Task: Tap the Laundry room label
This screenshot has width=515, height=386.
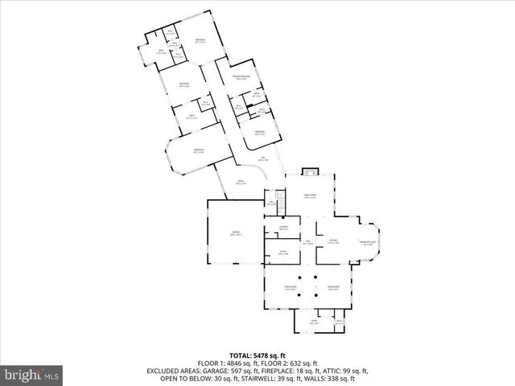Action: click(x=283, y=229)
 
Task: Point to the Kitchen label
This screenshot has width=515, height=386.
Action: click(x=333, y=241)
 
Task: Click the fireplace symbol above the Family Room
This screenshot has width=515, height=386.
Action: click(x=311, y=171)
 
